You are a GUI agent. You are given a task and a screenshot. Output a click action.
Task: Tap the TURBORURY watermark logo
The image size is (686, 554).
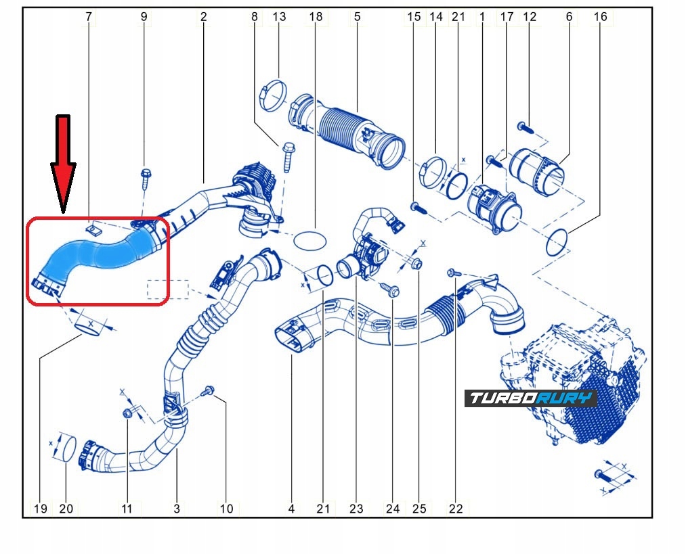coord(530,398)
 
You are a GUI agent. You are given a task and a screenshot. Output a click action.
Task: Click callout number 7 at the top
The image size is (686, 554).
coord(88,16)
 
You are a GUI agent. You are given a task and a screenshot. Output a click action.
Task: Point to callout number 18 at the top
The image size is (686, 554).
coord(316,16)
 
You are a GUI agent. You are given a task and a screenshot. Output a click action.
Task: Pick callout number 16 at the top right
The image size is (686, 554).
coord(600,16)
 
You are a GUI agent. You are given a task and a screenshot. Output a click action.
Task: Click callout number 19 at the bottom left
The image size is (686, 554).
coord(41,508)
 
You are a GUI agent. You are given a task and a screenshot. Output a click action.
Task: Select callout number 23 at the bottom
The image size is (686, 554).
coord(356,508)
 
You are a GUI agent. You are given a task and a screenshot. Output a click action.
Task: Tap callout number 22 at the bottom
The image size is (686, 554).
coord(456,508)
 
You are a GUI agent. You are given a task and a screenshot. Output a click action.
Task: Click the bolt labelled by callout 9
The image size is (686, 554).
coord(146,176)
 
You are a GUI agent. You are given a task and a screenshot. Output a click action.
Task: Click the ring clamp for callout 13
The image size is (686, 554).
coord(274,92)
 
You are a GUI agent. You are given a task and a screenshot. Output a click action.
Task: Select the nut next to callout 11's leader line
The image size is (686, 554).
coord(127,413)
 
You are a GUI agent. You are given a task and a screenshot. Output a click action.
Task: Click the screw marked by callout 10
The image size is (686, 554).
coord(209,390)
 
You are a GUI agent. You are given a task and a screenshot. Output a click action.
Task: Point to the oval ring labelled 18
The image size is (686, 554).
coord(308,239)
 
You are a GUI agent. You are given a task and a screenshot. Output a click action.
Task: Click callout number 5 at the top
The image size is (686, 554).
coord(357,16)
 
